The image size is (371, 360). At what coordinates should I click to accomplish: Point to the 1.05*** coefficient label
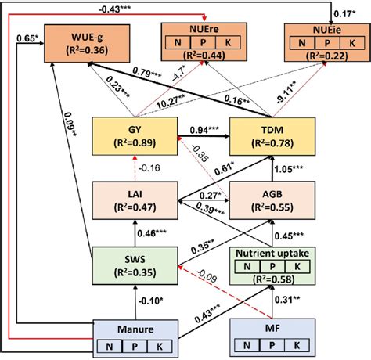(x=287, y=168)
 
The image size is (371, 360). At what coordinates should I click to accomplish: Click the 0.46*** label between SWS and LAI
(x=152, y=233)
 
